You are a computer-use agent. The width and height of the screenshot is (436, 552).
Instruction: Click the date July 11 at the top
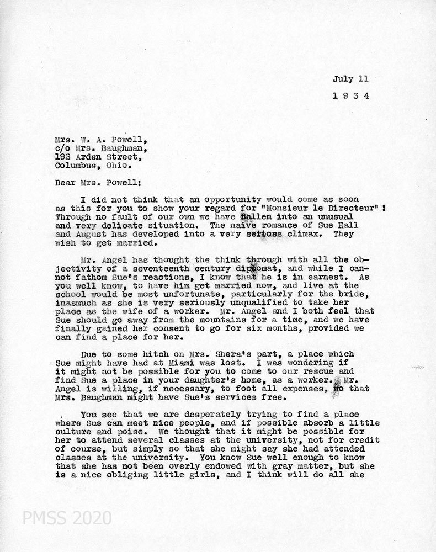coord(350,79)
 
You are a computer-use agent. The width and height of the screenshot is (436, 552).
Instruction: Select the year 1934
coord(350,95)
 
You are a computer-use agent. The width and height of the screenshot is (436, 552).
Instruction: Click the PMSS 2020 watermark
coord(66,518)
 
